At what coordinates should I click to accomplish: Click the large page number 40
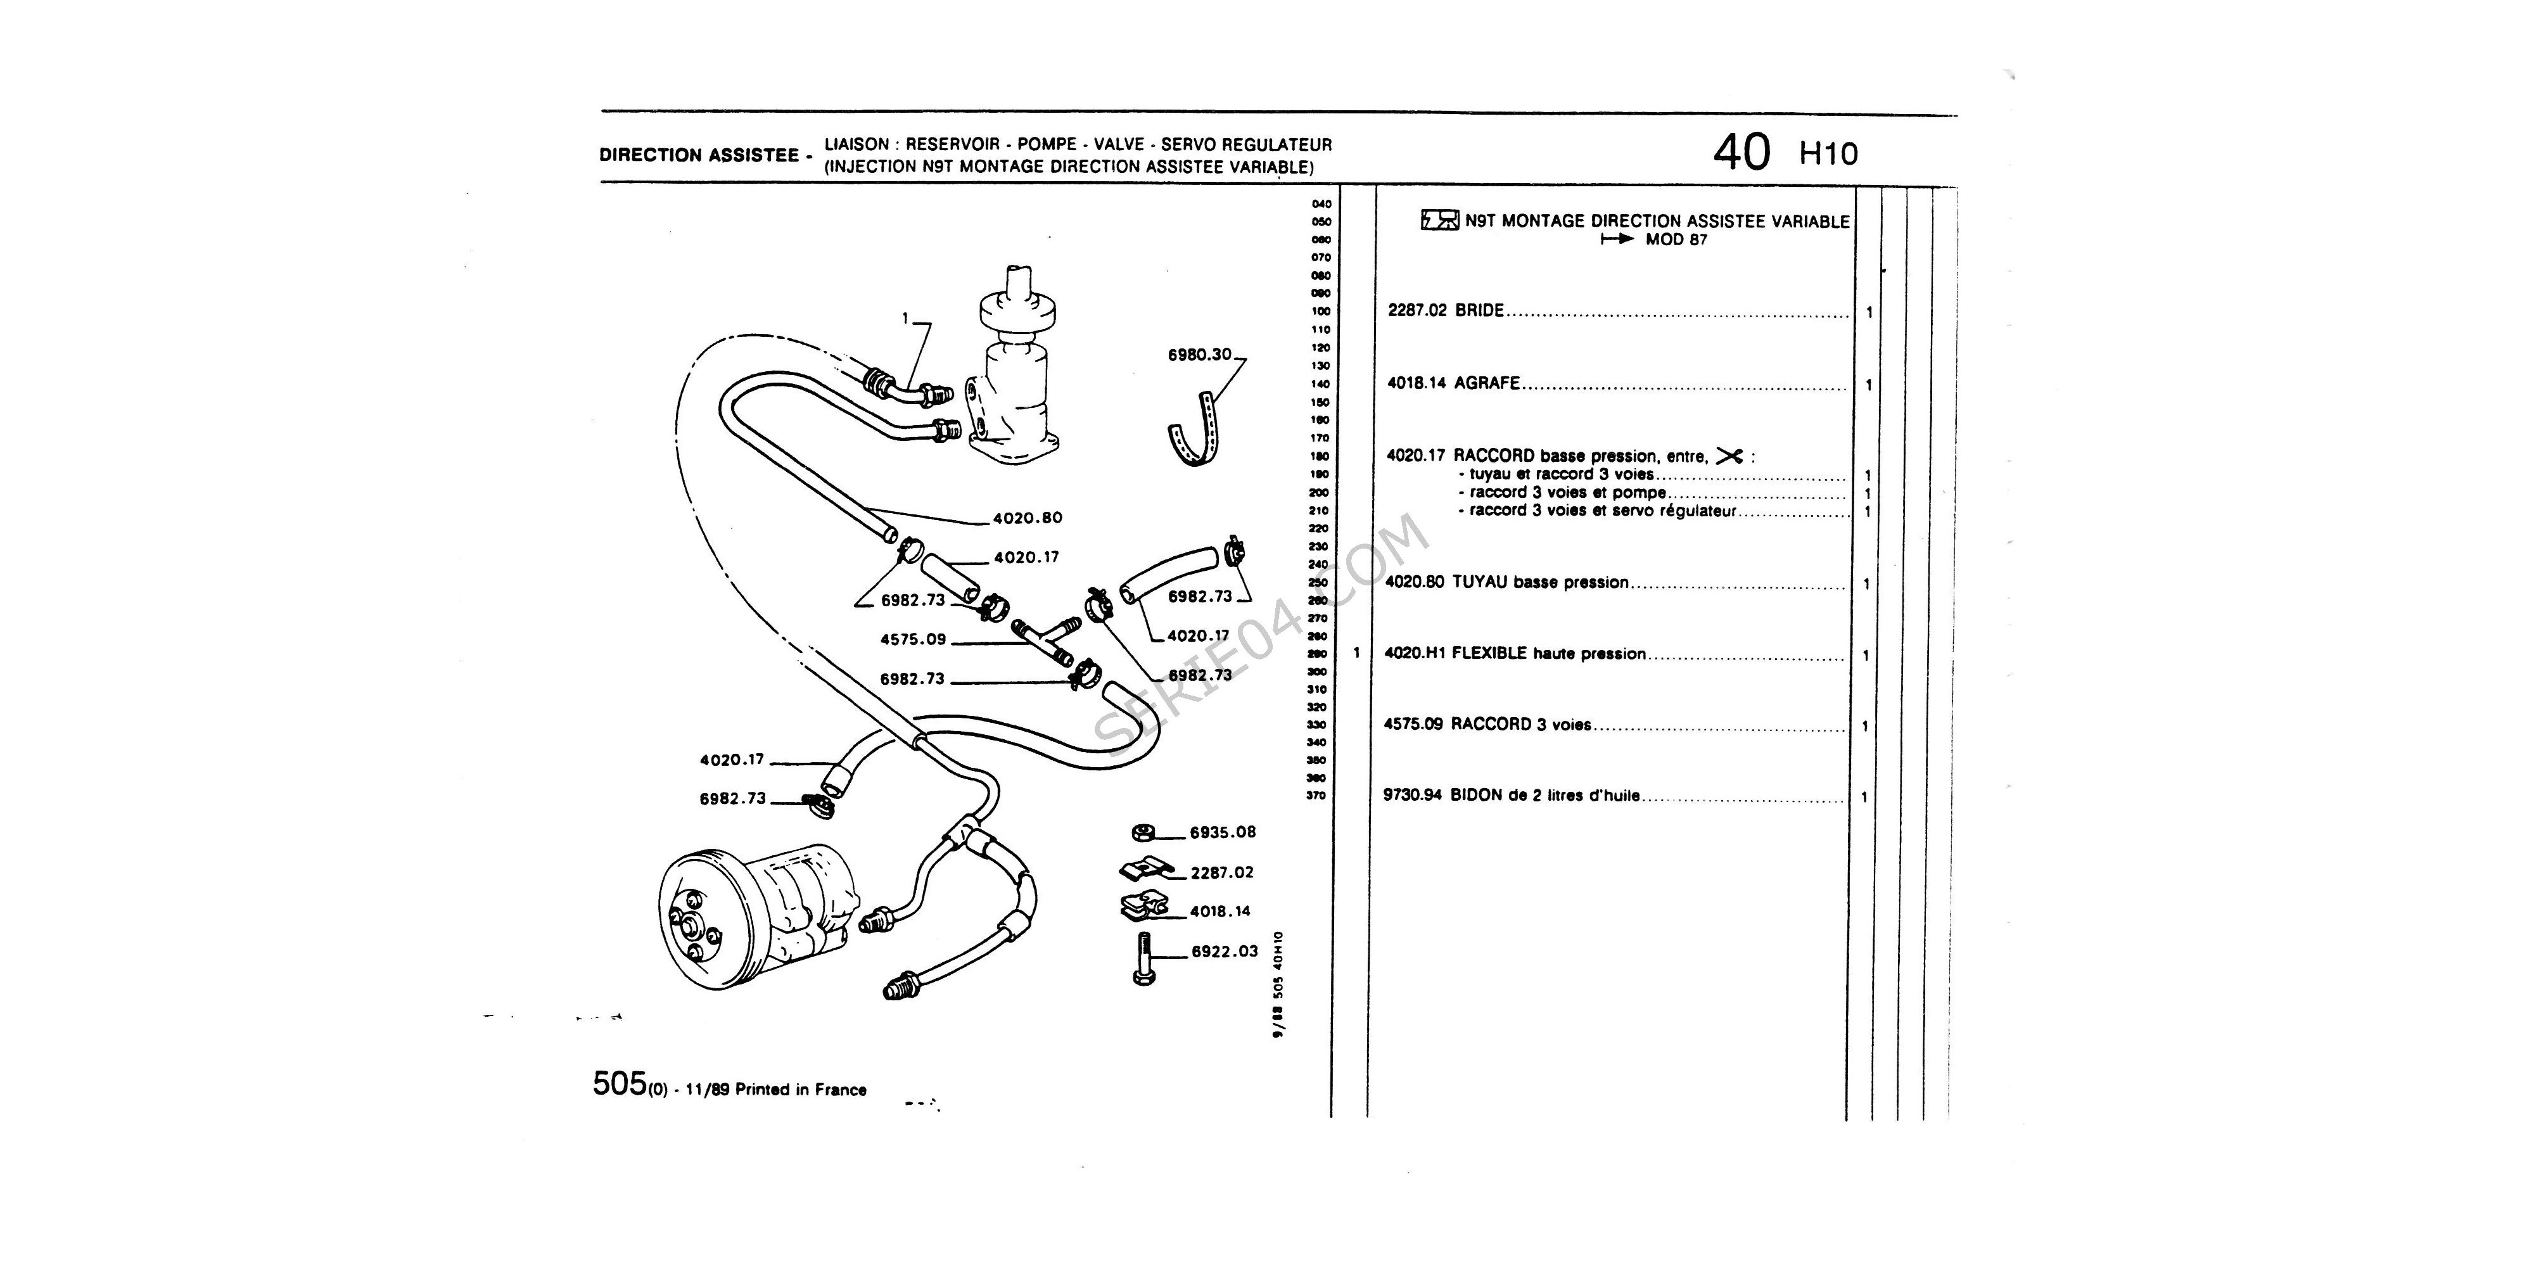click(1741, 153)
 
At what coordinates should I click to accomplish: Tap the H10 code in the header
click(1829, 155)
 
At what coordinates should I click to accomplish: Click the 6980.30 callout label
click(1199, 355)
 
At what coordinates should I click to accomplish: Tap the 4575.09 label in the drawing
click(913, 639)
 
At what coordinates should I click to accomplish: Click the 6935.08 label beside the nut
click(1223, 832)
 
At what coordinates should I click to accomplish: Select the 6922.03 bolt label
click(1225, 952)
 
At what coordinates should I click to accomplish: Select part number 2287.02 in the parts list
click(1417, 311)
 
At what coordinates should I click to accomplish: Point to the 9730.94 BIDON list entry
click(1512, 796)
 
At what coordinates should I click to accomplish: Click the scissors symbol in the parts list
click(1728, 455)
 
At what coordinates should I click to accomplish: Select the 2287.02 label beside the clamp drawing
click(1222, 872)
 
